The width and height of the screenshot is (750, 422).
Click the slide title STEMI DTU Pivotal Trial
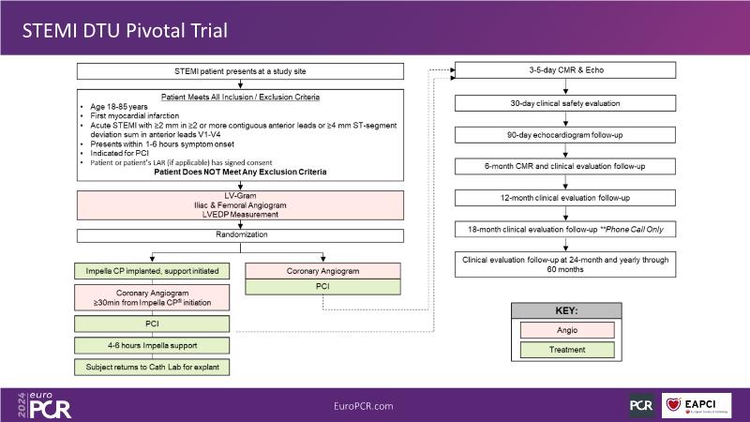tap(126, 31)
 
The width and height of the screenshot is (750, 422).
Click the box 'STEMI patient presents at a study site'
tap(241, 71)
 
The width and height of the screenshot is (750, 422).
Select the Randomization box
tap(241, 234)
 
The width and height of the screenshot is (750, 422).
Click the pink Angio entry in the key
tap(562, 329)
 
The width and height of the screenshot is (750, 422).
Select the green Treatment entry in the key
tap(562, 350)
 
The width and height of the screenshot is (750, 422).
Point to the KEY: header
tap(562, 309)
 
